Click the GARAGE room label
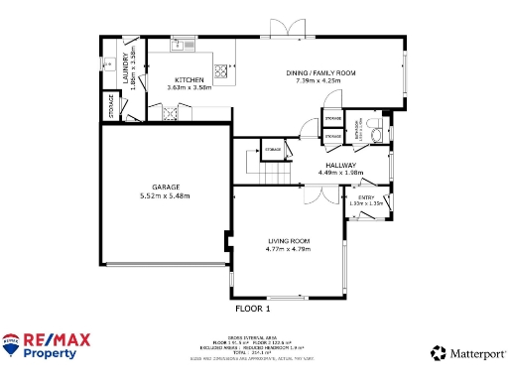[165, 187]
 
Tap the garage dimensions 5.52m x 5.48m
[165, 196]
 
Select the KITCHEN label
[190, 79]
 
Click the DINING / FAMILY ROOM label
[320, 72]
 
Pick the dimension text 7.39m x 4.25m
[320, 80]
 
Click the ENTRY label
[365, 197]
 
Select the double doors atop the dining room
[284, 31]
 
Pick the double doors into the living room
[317, 195]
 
